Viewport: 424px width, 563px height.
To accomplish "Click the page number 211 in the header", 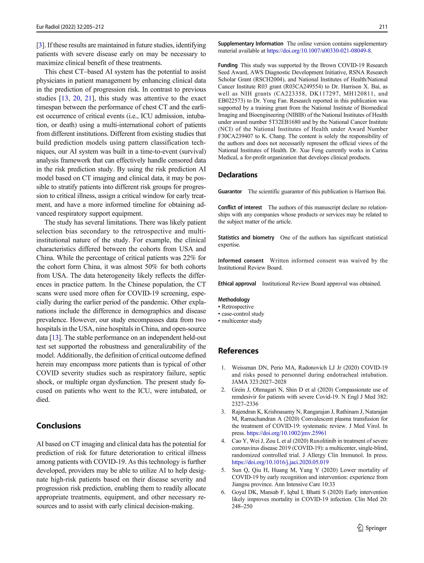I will pos(383,27).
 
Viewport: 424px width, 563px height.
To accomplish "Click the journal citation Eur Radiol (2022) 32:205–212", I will pos(70,27).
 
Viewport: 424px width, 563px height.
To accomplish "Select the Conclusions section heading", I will pos(59,426).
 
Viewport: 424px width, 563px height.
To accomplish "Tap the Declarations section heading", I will pos(238,175).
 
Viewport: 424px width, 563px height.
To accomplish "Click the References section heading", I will pos(238,351).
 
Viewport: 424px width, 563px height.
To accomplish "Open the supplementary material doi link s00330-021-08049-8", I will pos(319,51).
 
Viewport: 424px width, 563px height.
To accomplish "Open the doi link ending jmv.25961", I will pos(287,433).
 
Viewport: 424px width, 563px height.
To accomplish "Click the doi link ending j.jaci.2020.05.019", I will pos(280,462).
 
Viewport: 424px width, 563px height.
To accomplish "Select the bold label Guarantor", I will pos(230,191).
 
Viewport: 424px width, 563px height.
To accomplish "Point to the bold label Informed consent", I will pos(241,261).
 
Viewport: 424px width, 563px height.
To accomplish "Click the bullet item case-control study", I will pos(242,314).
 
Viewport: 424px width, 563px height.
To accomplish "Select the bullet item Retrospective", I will pos(237,307).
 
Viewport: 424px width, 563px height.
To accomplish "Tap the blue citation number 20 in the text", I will pos(76,98).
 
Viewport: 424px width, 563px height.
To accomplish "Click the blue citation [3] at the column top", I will pos(40,45).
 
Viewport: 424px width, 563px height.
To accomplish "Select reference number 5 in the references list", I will pos(223,470).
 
